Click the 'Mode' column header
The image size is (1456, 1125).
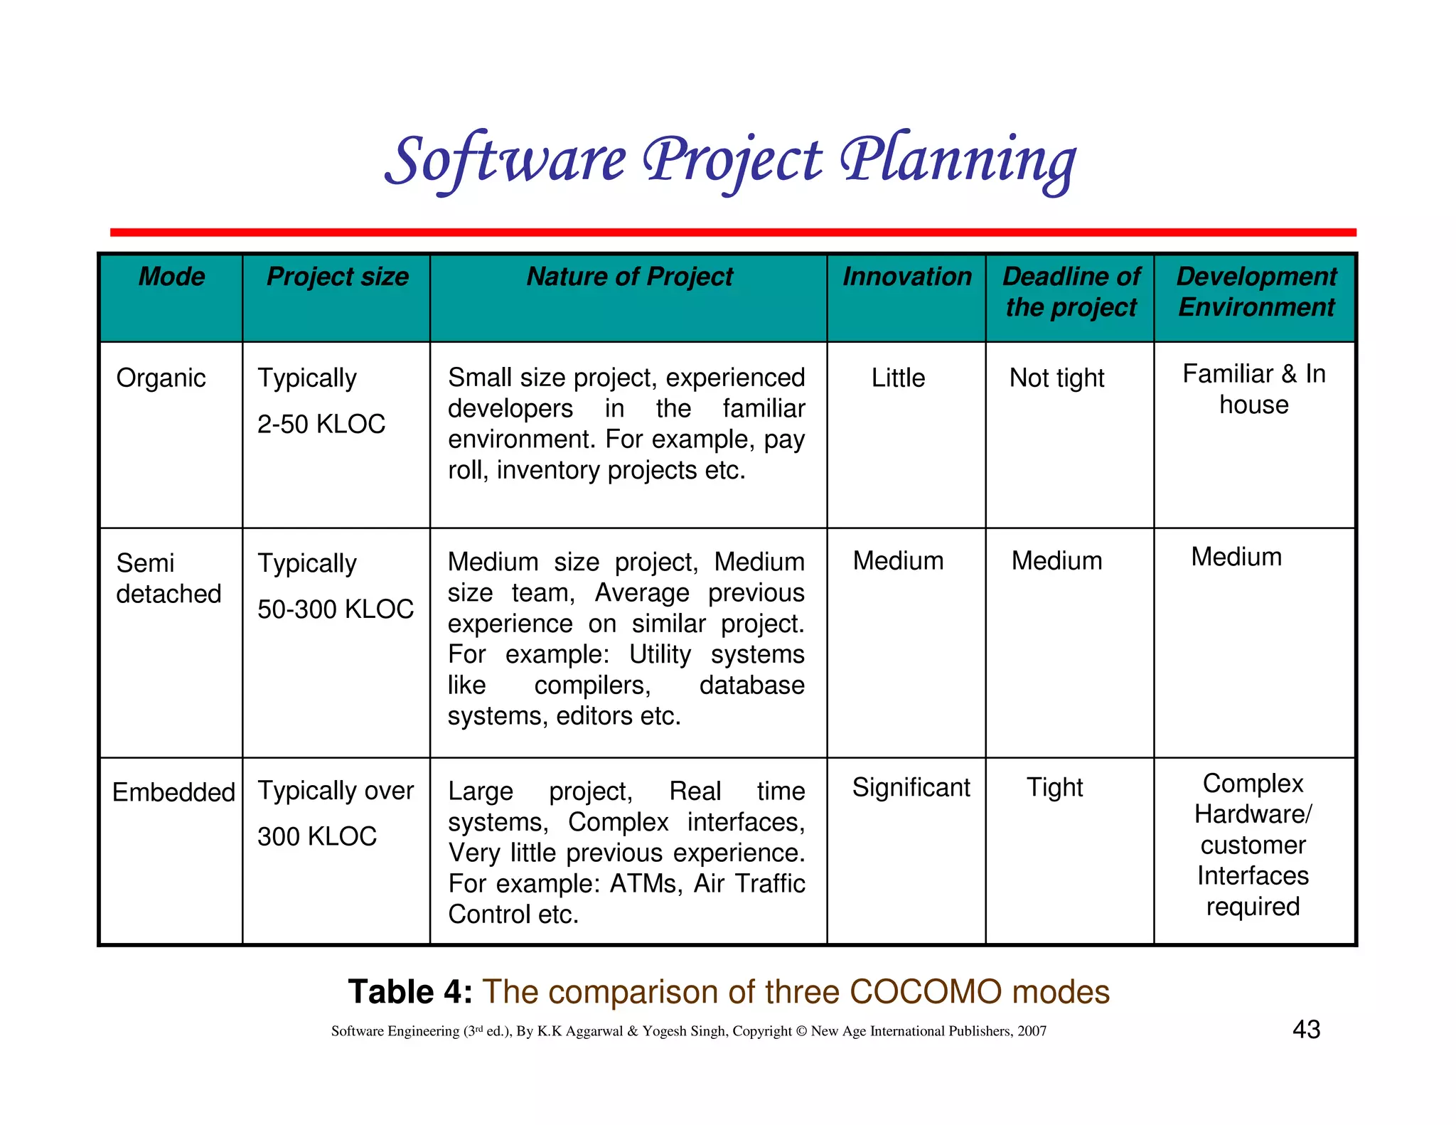[x=171, y=277]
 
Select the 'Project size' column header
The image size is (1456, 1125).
[x=337, y=277]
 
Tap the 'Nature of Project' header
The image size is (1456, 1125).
[x=629, y=277]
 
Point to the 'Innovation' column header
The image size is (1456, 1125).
[x=906, y=277]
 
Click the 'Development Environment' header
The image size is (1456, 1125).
[x=1256, y=292]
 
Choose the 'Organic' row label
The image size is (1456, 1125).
[x=161, y=378]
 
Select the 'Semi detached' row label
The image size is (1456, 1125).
[x=168, y=578]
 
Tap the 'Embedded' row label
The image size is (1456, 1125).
[x=173, y=791]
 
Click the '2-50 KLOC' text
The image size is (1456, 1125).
[x=321, y=424]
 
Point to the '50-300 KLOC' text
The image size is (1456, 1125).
[x=335, y=609]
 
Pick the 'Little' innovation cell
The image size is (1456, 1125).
[x=898, y=378]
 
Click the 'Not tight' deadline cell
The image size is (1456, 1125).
[x=1056, y=378]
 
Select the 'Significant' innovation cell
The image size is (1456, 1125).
[x=911, y=787]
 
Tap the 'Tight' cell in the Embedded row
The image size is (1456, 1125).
[x=1054, y=787]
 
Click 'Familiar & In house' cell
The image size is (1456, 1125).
[x=1253, y=389]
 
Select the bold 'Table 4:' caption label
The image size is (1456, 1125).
[x=410, y=991]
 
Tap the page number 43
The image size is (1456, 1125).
[x=1306, y=1029]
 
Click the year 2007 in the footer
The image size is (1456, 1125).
[x=1032, y=1031]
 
